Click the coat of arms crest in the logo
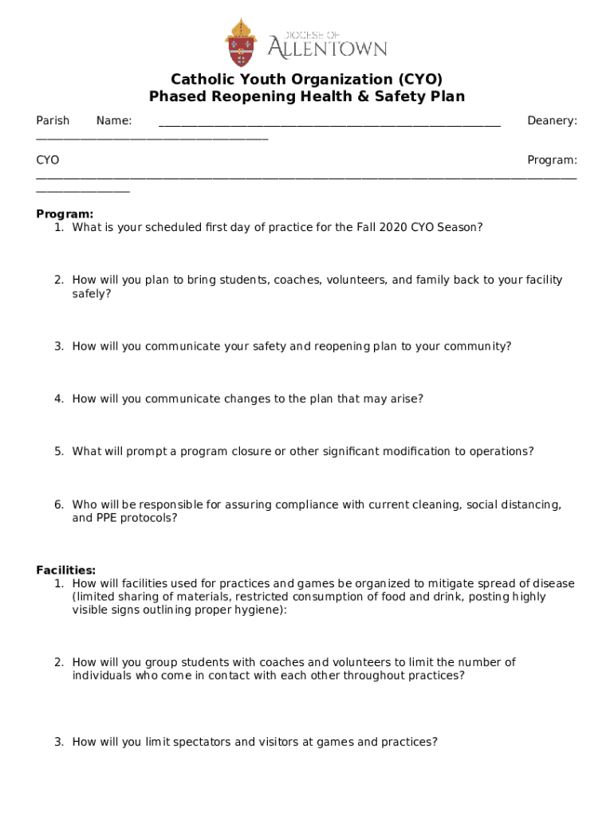[x=241, y=43]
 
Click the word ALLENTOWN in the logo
[x=327, y=49]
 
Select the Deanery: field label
[x=552, y=121]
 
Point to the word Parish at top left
[x=53, y=121]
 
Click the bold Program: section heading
[x=65, y=214]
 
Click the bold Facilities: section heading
[x=66, y=570]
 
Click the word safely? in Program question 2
[x=92, y=293]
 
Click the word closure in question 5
[x=245, y=451]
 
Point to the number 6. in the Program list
[x=59, y=504]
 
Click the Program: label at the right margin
[x=552, y=161]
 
